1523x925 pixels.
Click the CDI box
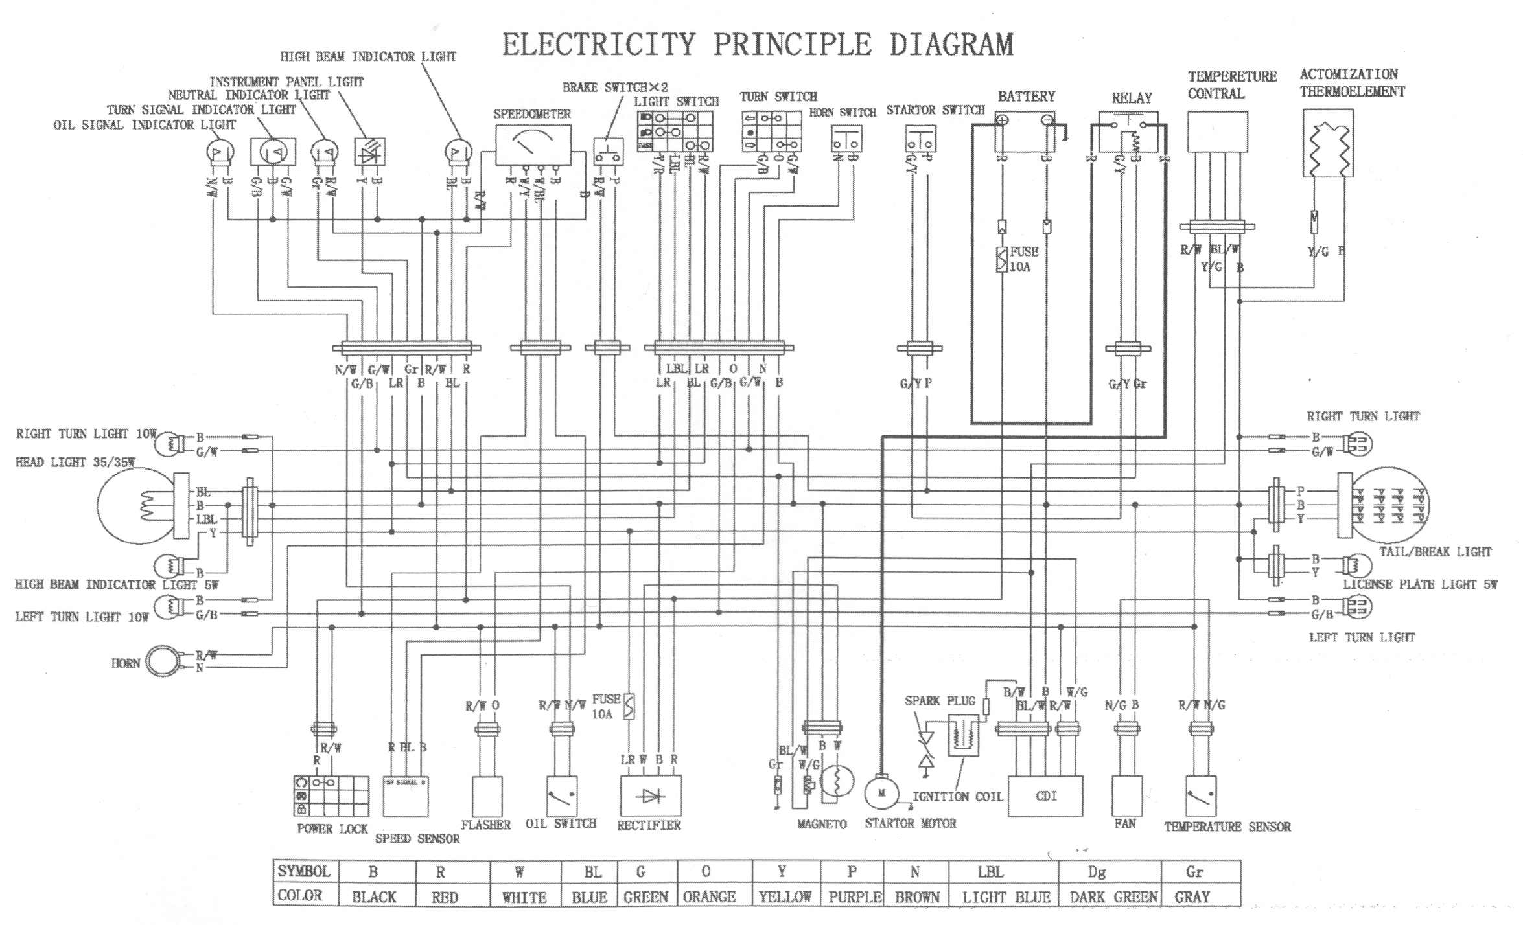[x=1046, y=796]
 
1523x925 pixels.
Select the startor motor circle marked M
[x=881, y=793]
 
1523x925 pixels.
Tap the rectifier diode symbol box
[x=651, y=795]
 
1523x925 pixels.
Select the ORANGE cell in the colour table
[x=709, y=897]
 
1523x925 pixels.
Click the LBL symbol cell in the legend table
[x=990, y=872]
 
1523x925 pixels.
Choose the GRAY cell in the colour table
[x=1192, y=897]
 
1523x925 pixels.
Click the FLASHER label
[x=486, y=825]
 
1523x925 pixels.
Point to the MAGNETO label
[x=822, y=825]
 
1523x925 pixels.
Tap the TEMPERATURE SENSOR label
[x=1227, y=827]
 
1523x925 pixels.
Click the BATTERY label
[x=1027, y=97]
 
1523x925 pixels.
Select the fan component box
[x=1125, y=795]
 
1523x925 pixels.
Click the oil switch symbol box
[x=562, y=795]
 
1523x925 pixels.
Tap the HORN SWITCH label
[x=843, y=113]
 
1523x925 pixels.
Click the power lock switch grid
[x=331, y=796]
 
